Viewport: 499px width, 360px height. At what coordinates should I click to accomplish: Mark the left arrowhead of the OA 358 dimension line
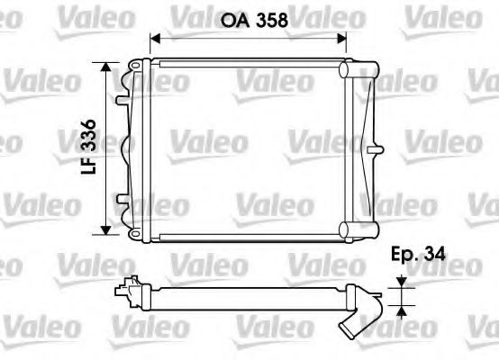click(x=154, y=39)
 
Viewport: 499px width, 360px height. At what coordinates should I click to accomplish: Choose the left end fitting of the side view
click(x=131, y=288)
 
